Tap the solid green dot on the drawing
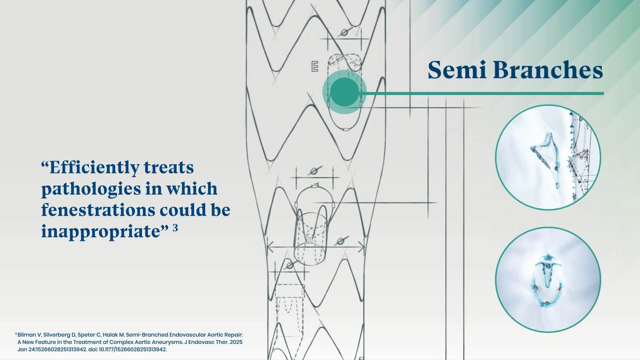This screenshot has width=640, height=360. (x=344, y=92)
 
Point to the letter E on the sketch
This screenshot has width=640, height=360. (x=314, y=66)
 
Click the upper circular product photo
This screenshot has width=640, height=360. (x=548, y=157)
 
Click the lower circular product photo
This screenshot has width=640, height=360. (x=548, y=280)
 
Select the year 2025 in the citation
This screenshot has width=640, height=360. (x=236, y=342)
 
